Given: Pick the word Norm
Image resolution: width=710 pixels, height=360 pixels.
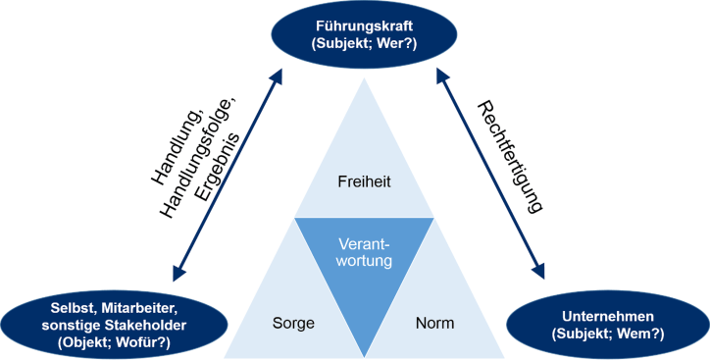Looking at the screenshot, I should coord(434,321).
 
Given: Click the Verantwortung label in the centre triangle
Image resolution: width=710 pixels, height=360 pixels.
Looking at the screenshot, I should coord(365,252).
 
